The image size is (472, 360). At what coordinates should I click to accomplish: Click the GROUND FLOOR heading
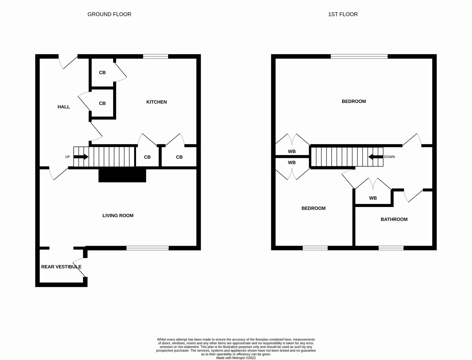click(x=109, y=14)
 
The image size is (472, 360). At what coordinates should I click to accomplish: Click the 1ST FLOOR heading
click(x=343, y=14)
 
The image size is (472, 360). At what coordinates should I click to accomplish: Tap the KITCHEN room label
click(x=156, y=102)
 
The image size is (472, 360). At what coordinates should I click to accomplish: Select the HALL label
click(x=64, y=107)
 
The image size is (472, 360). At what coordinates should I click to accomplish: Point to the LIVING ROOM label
click(x=118, y=216)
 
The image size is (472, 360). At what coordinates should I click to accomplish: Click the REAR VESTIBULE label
click(x=61, y=267)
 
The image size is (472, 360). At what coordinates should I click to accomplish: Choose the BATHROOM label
click(x=394, y=219)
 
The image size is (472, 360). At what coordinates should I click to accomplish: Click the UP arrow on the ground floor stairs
click(x=81, y=157)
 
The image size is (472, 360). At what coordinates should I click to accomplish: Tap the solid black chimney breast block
click(x=122, y=175)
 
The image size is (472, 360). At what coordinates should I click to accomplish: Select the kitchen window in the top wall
click(x=155, y=56)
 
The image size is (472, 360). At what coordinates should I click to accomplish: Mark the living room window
click(x=148, y=248)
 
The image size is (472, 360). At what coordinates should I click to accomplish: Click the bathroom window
click(x=391, y=248)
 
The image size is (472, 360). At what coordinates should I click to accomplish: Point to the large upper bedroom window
click(x=359, y=56)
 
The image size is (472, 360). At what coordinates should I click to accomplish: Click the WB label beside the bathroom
click(x=373, y=198)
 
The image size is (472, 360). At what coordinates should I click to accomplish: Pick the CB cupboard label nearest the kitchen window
click(x=102, y=72)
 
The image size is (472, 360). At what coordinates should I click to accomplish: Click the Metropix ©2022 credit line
click(x=236, y=358)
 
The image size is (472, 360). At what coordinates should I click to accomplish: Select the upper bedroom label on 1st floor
click(x=354, y=102)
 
